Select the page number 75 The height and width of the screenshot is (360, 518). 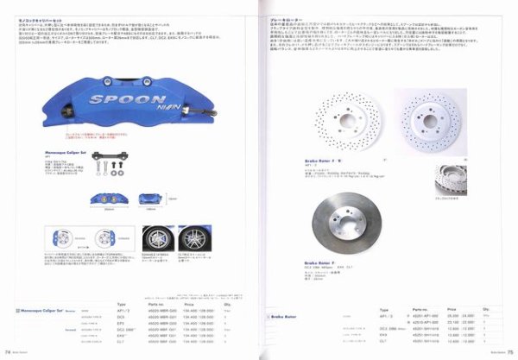tap(509, 351)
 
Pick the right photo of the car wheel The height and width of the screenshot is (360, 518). tap(201, 238)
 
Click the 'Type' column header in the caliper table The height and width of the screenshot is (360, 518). tap(120, 305)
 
